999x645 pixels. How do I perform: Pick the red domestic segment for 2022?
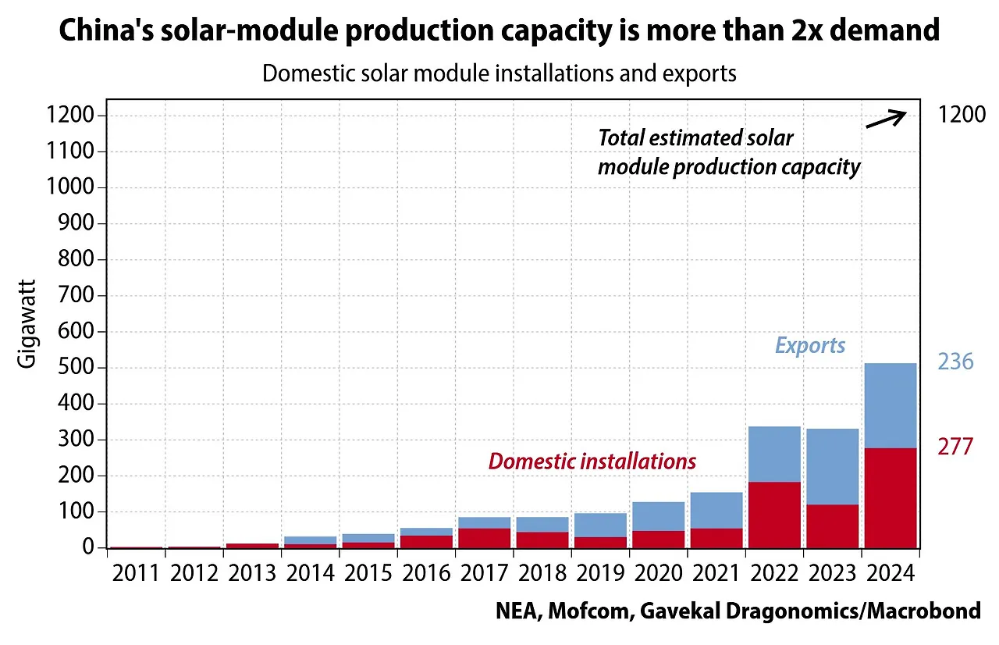pos(774,515)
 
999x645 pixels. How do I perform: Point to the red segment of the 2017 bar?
pos(485,538)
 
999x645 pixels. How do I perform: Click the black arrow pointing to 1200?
pos(886,119)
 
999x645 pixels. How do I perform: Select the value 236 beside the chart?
pos(955,362)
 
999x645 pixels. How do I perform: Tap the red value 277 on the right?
pos(955,447)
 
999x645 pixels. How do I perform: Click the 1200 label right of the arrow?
pos(962,116)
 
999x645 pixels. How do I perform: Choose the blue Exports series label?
pos(809,345)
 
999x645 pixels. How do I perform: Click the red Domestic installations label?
pos(592,461)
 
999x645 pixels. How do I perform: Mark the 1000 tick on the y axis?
pos(72,188)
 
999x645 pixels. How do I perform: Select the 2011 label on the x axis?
pos(136,573)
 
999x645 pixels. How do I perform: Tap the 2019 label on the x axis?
pos(601,573)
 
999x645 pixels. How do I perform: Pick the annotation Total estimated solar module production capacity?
pos(728,152)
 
